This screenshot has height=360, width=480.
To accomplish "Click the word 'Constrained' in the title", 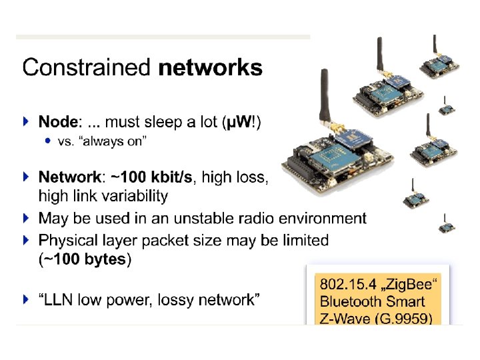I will [85, 68].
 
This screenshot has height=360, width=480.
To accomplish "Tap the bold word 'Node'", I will [59, 122].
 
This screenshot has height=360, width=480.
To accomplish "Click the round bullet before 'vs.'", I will [47, 141].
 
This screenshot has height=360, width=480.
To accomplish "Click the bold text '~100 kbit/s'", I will [152, 177].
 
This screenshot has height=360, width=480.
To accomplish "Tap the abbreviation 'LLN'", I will [59, 300].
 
